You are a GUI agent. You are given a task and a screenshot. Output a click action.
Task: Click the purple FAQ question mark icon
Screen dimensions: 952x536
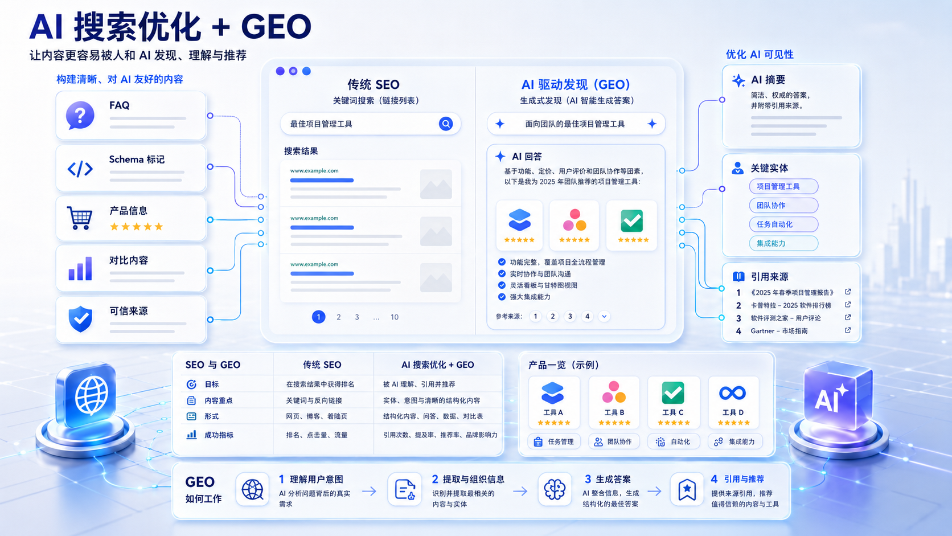point(80,115)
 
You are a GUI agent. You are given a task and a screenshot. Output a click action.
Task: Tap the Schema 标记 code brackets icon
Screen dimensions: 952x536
point(80,169)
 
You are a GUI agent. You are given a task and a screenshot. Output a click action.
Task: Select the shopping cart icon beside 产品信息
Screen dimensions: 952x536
point(80,218)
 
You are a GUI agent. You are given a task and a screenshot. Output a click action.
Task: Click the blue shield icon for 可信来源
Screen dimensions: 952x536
point(80,319)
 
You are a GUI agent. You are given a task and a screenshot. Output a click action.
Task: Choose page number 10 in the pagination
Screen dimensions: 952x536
point(395,317)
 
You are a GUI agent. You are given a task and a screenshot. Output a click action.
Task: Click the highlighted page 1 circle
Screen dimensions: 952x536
point(318,317)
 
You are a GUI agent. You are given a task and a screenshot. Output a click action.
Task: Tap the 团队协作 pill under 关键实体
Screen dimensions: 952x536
point(783,205)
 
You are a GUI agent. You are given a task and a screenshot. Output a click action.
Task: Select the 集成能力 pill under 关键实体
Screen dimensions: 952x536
point(783,244)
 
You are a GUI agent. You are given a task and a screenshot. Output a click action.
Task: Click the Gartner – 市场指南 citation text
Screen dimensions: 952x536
point(779,331)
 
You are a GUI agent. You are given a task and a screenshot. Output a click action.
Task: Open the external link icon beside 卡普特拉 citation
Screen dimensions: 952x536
point(848,305)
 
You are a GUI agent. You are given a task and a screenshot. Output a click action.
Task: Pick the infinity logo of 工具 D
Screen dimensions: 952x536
point(732,393)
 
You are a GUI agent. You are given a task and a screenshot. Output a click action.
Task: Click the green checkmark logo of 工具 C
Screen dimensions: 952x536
point(673,392)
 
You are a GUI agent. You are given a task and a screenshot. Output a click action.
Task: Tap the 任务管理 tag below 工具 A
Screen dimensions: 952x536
point(554,441)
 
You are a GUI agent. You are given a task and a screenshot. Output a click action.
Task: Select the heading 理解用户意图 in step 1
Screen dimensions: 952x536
point(316,480)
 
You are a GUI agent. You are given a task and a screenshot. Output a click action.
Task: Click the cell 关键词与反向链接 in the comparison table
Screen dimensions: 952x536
point(314,400)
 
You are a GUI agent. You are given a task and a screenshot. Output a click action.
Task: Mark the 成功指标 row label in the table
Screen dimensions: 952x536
point(219,435)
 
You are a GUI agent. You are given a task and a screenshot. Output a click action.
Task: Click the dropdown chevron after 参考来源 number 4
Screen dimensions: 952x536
point(604,316)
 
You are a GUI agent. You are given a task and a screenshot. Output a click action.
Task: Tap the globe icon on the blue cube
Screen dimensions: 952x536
point(91,395)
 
